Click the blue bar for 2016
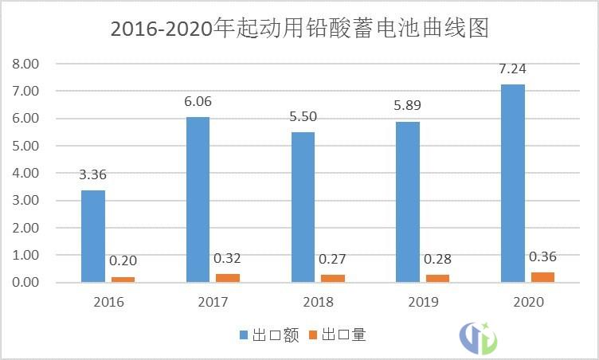click(92, 237)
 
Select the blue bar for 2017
click(198, 200)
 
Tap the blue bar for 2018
click(303, 207)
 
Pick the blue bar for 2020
click(513, 183)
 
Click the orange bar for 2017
click(228, 278)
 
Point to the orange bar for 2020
click(542, 277)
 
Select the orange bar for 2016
click(123, 280)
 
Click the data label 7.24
click(513, 69)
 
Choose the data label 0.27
click(333, 259)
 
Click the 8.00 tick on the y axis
click(25, 64)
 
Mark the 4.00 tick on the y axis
click(25, 173)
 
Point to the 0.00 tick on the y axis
click(25, 283)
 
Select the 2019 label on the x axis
click(422, 303)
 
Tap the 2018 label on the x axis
click(318, 303)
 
